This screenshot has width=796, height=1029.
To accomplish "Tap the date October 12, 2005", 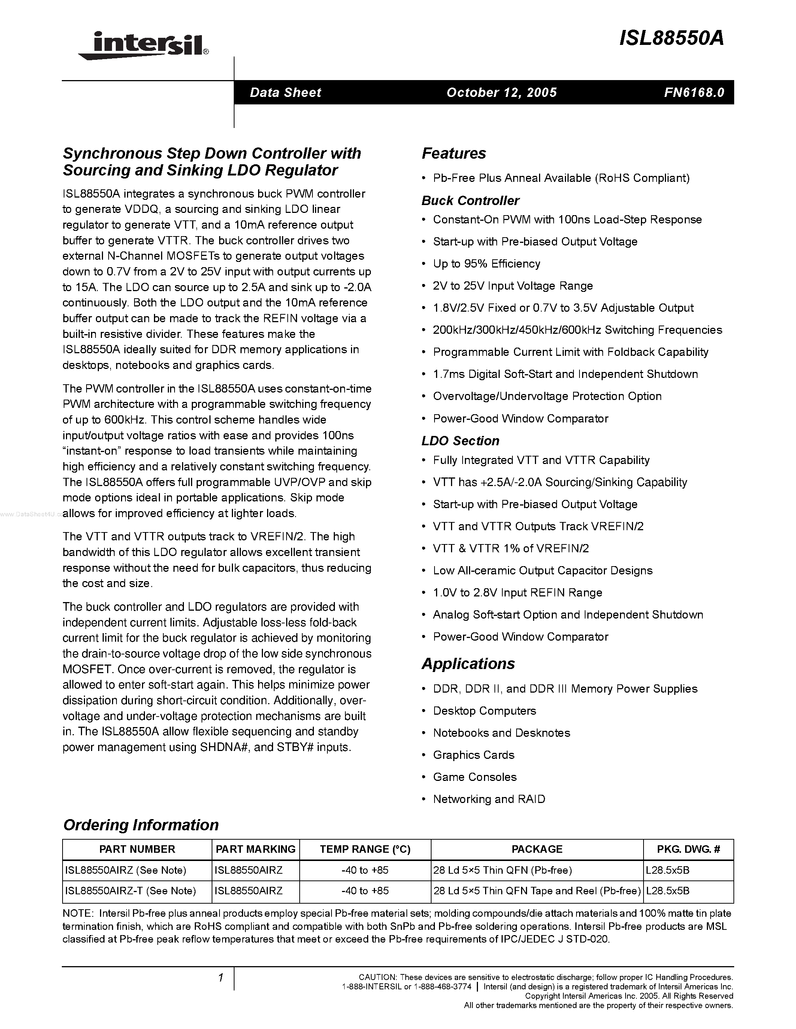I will [x=501, y=92].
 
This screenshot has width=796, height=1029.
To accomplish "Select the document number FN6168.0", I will [x=694, y=92].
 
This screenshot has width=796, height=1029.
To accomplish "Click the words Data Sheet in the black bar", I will [x=285, y=92].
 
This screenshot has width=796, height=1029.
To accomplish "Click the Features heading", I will [x=454, y=153].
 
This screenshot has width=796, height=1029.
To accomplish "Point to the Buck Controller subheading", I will [x=470, y=201].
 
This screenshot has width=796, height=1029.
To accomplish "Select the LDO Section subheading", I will [x=460, y=441].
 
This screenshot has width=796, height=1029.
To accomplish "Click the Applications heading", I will [x=468, y=663].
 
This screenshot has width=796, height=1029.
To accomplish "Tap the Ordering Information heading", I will [x=140, y=825].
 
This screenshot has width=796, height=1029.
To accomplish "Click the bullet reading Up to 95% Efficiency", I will [x=486, y=264].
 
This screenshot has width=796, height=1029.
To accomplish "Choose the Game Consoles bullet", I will [x=474, y=777].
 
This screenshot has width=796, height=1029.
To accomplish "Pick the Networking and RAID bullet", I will [x=488, y=799].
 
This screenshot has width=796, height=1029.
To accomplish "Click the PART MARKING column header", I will [x=255, y=849].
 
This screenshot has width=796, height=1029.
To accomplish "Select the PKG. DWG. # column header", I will [x=688, y=849].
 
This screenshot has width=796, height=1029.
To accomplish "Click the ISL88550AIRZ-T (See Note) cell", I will [x=130, y=891].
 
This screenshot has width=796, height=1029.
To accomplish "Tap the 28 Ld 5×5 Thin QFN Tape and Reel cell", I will [x=537, y=891].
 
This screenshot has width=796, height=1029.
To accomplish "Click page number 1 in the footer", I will [x=220, y=978].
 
